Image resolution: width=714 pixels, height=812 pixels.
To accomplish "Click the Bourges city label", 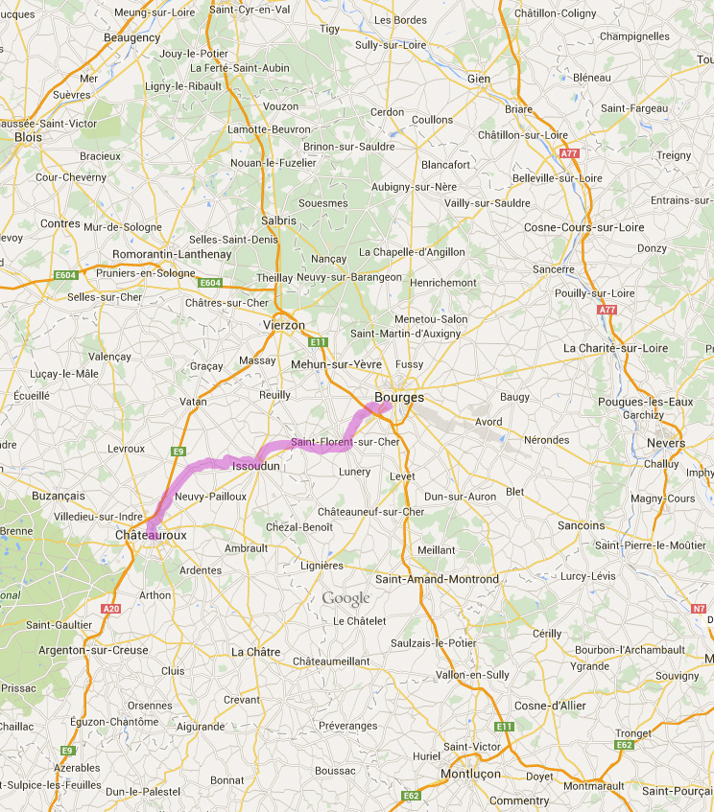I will click(x=399, y=397).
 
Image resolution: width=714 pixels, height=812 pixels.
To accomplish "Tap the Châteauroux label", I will click(x=150, y=534).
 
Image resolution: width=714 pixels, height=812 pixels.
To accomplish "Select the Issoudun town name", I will click(x=256, y=466).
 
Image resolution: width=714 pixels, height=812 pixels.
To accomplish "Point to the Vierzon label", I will click(x=283, y=325).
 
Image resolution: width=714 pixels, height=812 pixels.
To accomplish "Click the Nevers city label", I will click(x=667, y=443).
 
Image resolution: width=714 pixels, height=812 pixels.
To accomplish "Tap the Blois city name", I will click(x=29, y=137).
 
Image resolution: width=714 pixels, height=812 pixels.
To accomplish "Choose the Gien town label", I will click(x=478, y=79).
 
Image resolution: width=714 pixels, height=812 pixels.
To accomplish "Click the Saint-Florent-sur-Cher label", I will click(x=345, y=442).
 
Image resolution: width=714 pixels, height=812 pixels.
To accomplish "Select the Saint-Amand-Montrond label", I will click(x=437, y=579).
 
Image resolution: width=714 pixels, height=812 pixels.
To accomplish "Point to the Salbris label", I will click(x=278, y=220).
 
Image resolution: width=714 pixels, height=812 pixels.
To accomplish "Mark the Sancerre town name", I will click(x=553, y=270).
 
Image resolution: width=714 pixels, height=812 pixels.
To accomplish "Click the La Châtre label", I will click(x=256, y=652).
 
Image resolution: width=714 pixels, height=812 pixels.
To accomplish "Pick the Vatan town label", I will click(x=193, y=402).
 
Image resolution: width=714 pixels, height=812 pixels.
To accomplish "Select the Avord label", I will click(x=488, y=422).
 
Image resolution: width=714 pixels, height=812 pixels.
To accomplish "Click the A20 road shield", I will click(x=110, y=608).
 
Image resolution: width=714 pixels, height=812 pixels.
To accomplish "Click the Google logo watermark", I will click(x=345, y=599).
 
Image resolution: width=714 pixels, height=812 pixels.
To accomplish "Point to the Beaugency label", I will click(x=132, y=37).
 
